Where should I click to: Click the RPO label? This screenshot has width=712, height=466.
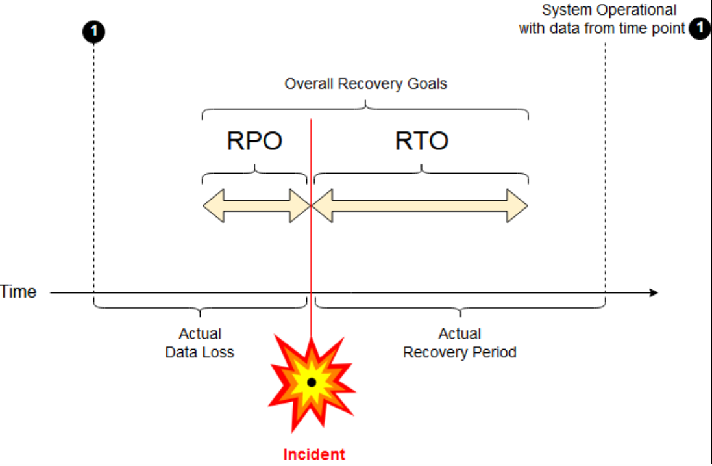pyautogui.click(x=254, y=140)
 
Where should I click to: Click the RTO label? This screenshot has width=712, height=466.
pyautogui.click(x=422, y=140)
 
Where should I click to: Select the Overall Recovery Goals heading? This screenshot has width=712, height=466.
pyautogui.click(x=365, y=84)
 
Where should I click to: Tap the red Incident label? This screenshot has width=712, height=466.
pyautogui.click(x=313, y=454)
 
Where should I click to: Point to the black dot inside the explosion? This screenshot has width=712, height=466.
pyautogui.click(x=312, y=382)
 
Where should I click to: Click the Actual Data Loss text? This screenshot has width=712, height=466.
pyautogui.click(x=200, y=343)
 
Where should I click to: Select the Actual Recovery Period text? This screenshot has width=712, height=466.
pyautogui.click(x=460, y=343)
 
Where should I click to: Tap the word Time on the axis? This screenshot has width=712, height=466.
pyautogui.click(x=18, y=292)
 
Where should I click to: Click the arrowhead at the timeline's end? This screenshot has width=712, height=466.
pyautogui.click(x=654, y=292)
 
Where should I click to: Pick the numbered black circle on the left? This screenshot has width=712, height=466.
pyautogui.click(x=93, y=31)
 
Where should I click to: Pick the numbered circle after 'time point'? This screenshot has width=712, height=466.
pyautogui.click(x=700, y=28)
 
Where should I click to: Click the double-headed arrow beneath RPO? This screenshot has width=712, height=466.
pyautogui.click(x=256, y=206)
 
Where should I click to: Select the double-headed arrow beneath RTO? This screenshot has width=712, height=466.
pyautogui.click(x=419, y=206)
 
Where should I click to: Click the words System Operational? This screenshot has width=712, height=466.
pyautogui.click(x=609, y=10)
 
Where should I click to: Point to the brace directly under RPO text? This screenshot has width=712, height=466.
pyautogui.click(x=254, y=173)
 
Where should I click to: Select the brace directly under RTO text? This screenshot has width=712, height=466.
pyautogui.click(x=421, y=173)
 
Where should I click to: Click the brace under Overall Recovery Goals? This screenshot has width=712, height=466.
pyautogui.click(x=365, y=109)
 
